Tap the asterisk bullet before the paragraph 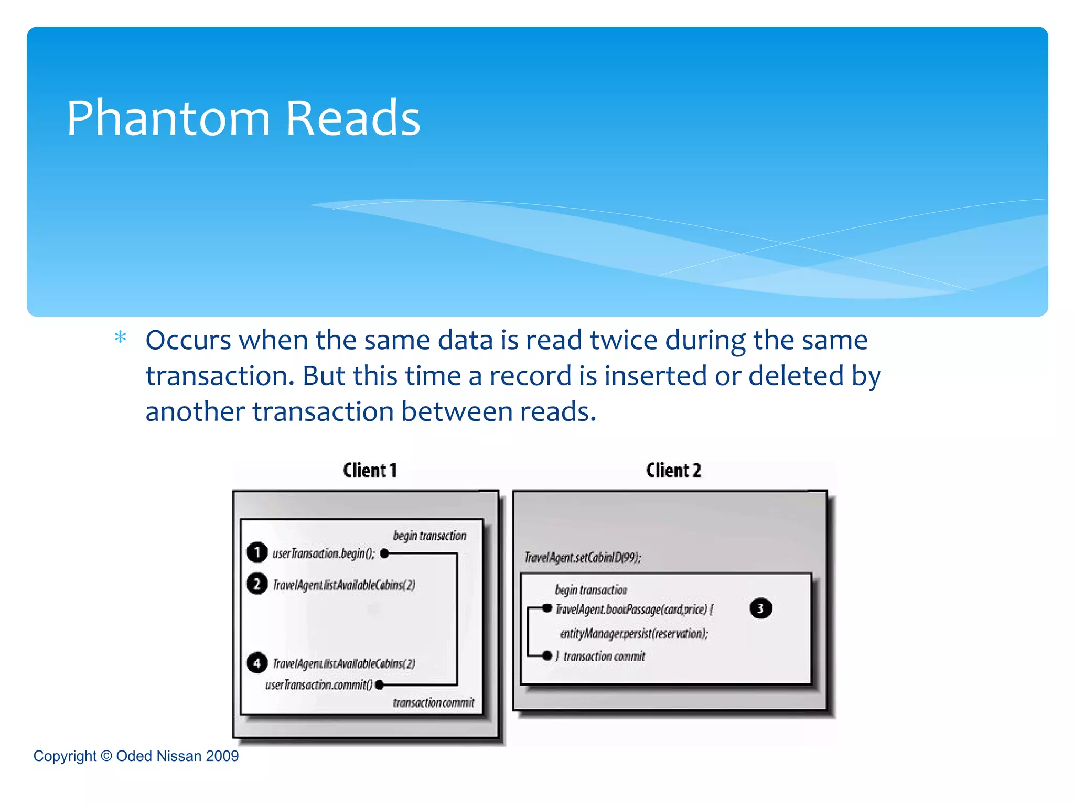pos(121,338)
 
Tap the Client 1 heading pos(370,470)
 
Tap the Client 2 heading pos(673,470)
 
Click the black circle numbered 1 pos(257,552)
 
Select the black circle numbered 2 pos(257,584)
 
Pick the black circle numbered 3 pos(760,608)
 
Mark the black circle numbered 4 pos(257,663)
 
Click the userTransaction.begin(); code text pos(324,553)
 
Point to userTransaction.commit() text pos(319,685)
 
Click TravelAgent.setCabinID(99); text pos(583,557)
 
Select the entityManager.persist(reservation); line pos(633,634)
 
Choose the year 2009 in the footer pos(222,756)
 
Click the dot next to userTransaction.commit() pos(380,685)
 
